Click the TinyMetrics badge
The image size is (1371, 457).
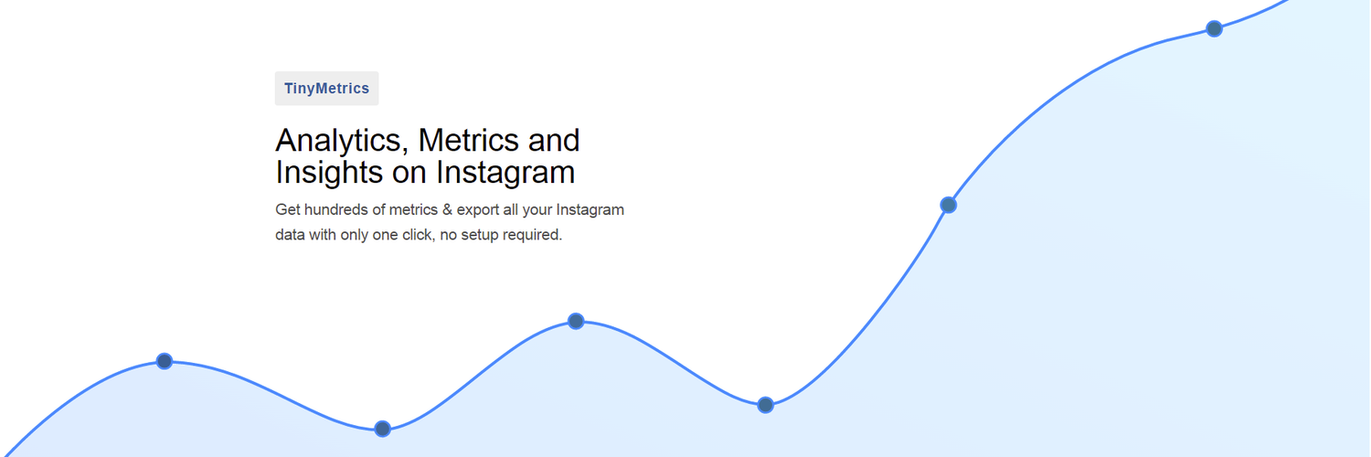point(326,89)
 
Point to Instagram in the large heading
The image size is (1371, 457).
point(505,172)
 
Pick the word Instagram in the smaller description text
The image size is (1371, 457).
point(590,209)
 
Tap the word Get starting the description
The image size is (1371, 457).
point(288,209)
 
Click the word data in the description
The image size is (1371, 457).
point(290,235)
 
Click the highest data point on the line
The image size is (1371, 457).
point(1214,28)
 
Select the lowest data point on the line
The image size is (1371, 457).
point(383,429)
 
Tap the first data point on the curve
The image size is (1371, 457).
point(165,361)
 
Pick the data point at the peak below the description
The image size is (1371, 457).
point(576,321)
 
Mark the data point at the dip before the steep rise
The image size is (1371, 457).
point(766,405)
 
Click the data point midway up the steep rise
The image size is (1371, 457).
point(949,205)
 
